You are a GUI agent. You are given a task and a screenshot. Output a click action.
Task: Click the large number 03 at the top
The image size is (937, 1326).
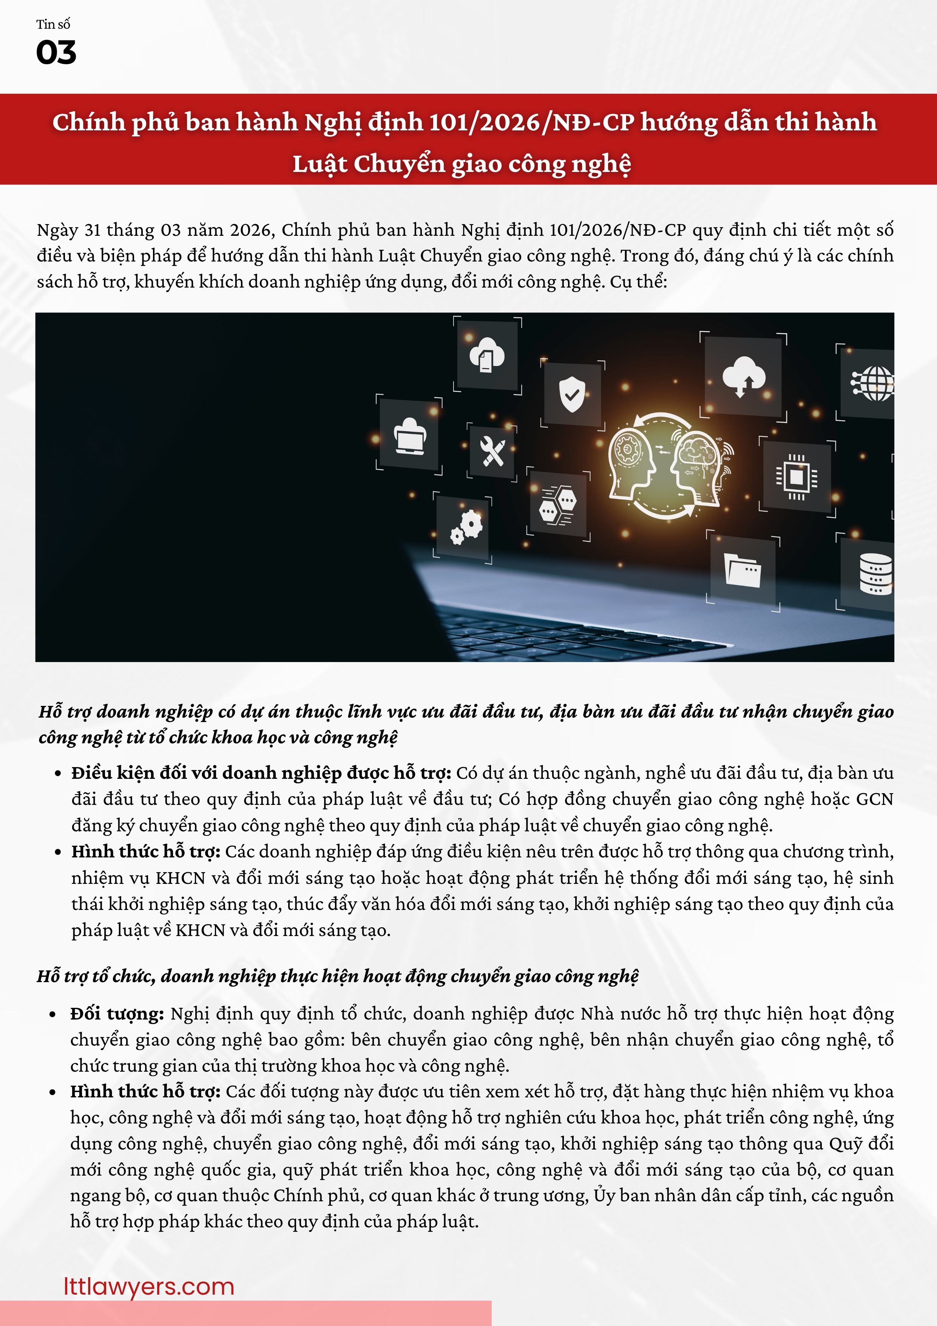point(56,53)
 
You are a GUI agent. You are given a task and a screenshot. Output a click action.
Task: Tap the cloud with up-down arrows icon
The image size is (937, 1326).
point(744,376)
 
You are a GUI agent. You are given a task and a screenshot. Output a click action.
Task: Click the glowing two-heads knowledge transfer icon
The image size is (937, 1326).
point(664,465)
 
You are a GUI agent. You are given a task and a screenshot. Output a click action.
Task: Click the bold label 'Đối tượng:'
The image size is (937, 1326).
point(117,1013)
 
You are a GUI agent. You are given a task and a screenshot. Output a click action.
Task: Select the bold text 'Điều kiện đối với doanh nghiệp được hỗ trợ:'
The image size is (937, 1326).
point(261,773)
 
